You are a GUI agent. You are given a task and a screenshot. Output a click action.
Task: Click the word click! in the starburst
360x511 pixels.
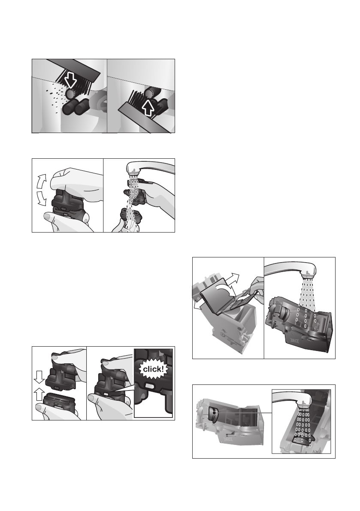[154, 369]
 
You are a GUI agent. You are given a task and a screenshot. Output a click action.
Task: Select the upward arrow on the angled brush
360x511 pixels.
[148, 108]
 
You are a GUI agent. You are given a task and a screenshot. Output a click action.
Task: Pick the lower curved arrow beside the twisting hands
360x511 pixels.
[41, 199]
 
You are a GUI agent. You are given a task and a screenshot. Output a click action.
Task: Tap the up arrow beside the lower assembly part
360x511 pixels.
[39, 395]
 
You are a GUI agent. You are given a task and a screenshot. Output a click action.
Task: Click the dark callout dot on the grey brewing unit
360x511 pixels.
[213, 413]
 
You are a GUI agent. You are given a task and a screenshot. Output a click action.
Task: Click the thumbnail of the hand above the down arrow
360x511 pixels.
[57, 358]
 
